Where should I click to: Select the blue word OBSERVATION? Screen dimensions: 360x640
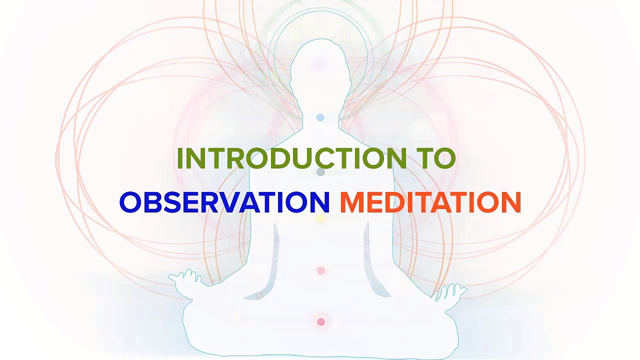(x=224, y=202)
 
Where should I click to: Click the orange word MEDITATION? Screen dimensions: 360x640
(x=430, y=202)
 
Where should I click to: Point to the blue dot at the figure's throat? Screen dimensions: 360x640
(x=320, y=117)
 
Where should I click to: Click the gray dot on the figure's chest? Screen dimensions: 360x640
(x=320, y=172)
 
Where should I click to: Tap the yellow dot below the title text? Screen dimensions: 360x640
(x=320, y=218)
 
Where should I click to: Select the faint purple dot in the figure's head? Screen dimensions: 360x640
(x=318, y=64)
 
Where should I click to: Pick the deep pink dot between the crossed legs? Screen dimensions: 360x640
(x=321, y=322)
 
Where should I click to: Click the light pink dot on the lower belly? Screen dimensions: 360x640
(x=321, y=270)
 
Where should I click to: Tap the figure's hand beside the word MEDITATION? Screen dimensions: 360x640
(x=451, y=291)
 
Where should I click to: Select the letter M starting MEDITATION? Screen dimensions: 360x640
(x=352, y=202)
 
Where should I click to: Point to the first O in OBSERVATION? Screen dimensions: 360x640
(x=130, y=202)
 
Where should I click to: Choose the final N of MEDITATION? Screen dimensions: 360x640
(x=510, y=202)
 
